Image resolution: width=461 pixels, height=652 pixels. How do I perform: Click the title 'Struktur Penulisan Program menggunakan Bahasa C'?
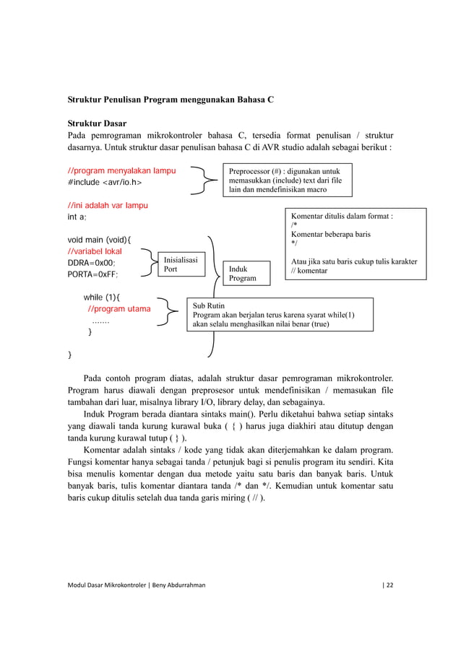coord(171,97)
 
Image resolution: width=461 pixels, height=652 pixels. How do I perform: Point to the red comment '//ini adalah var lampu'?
coord(108,206)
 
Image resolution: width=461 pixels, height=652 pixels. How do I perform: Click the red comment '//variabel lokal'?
coord(95,251)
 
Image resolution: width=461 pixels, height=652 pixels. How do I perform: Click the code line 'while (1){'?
coord(103,297)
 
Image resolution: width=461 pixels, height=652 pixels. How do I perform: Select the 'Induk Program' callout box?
coord(244,272)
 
